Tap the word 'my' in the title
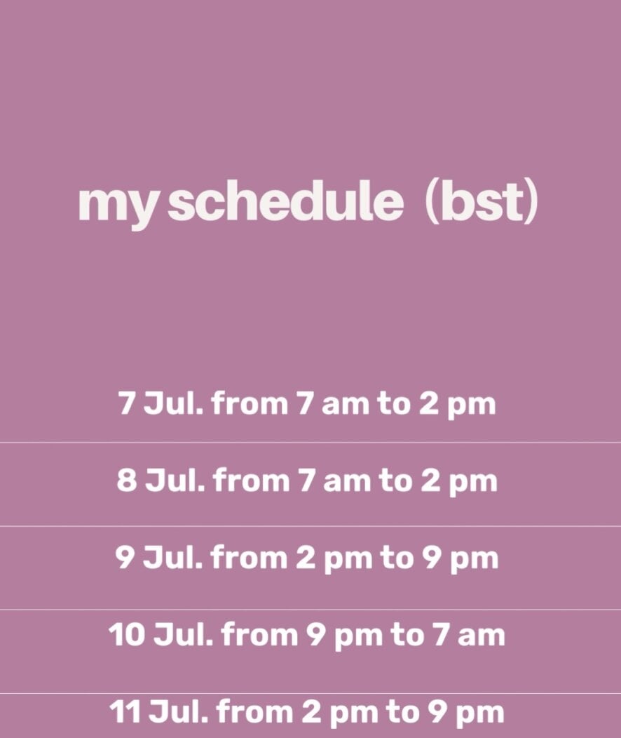[x=116, y=207]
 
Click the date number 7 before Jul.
[x=126, y=403]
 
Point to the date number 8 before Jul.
[x=127, y=481]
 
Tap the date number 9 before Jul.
[x=125, y=558]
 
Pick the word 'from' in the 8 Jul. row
[x=251, y=481]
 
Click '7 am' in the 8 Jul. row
[x=335, y=481]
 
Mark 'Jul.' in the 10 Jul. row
[x=184, y=634]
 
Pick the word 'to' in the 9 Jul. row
[x=397, y=558]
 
